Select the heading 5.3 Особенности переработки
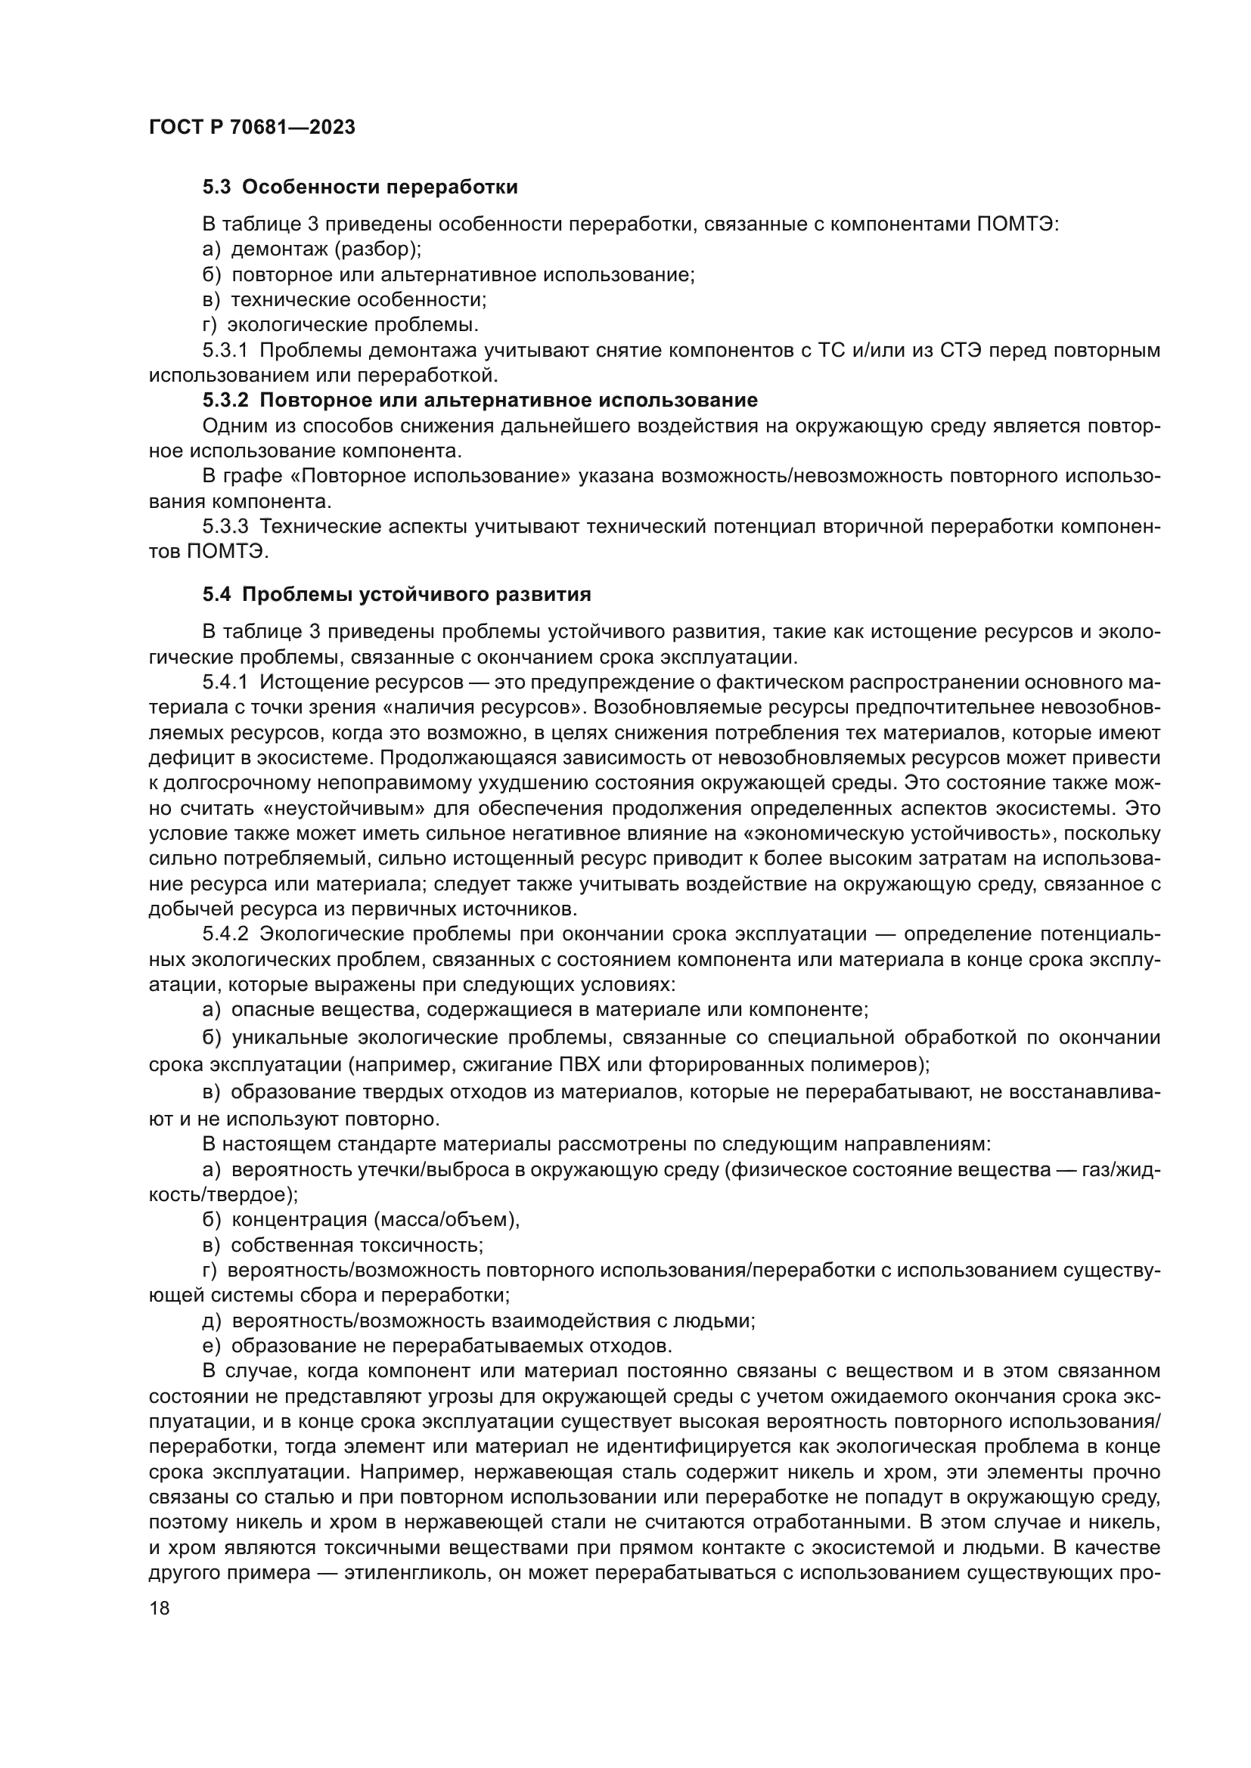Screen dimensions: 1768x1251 (x=360, y=187)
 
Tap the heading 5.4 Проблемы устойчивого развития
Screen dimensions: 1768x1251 (x=397, y=594)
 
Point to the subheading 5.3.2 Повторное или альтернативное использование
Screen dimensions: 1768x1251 (x=480, y=401)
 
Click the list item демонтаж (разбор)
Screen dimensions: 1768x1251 (x=326, y=249)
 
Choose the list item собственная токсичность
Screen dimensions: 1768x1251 (x=357, y=1245)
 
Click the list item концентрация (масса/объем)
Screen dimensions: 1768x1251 (x=375, y=1220)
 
